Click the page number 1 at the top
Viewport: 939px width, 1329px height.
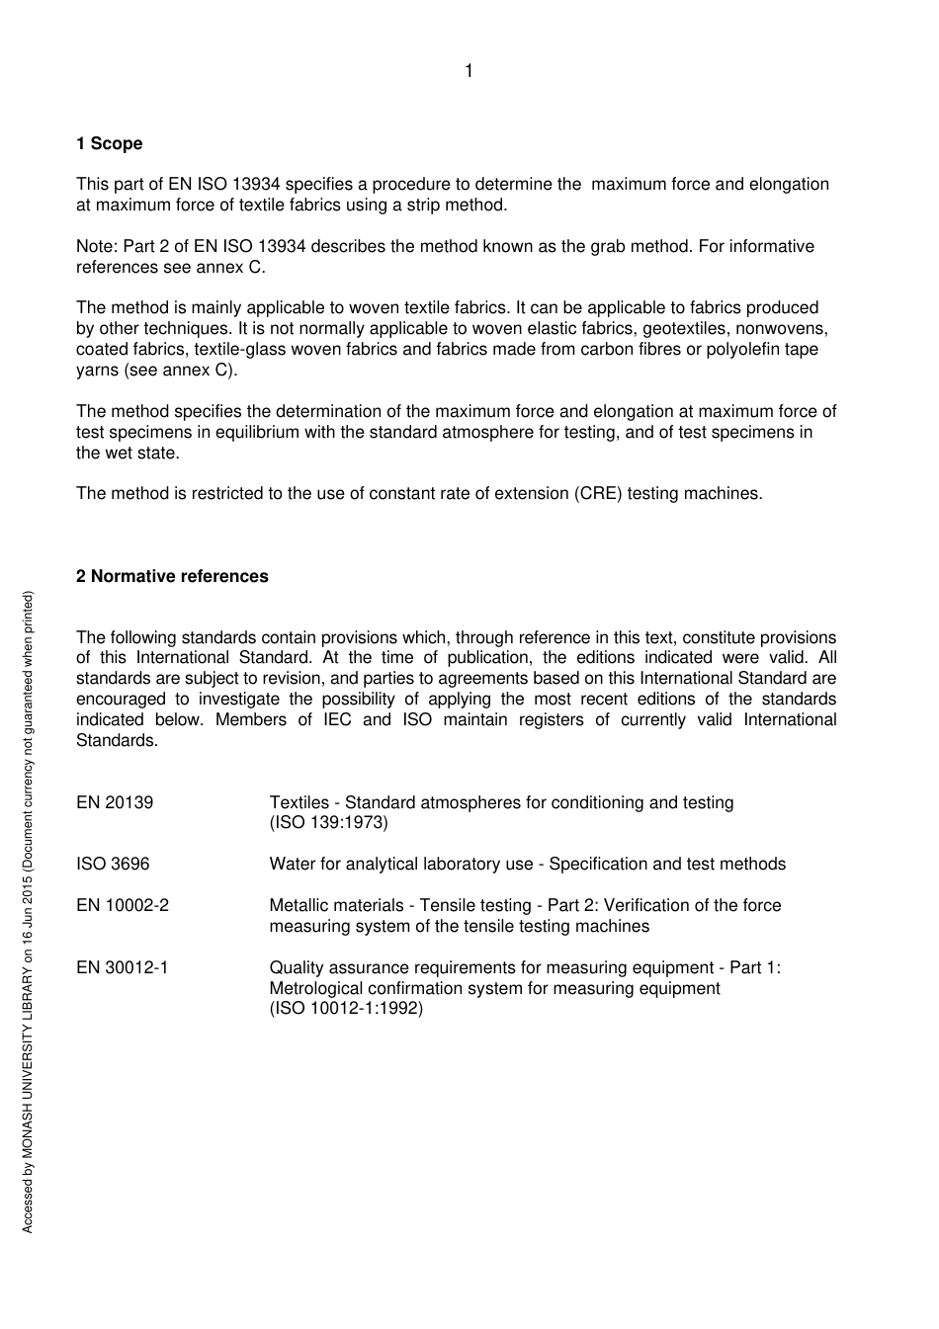click(469, 71)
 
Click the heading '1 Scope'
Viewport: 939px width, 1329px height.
click(109, 144)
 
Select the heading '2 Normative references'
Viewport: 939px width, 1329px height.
click(172, 577)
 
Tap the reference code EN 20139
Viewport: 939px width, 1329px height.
click(115, 803)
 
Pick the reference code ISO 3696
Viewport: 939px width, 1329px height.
click(113, 865)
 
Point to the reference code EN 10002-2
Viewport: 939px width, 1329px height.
click(123, 906)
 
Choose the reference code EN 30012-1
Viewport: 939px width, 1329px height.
click(123, 968)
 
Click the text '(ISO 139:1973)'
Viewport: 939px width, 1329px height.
click(328, 823)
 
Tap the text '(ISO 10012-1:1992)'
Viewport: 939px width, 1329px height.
click(346, 1009)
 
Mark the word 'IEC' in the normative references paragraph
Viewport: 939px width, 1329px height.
click(337, 720)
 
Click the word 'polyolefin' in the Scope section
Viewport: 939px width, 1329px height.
click(742, 350)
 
